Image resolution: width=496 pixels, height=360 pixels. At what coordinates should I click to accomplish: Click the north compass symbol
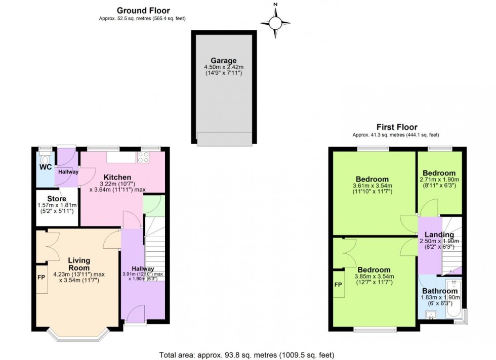(275, 22)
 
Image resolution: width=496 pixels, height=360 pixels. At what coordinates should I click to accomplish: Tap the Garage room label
(223, 61)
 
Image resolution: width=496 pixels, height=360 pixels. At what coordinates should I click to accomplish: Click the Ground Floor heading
(143, 10)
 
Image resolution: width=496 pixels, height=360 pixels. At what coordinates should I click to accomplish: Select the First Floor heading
(395, 127)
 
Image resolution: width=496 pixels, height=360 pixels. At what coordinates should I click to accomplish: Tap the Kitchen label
(117, 177)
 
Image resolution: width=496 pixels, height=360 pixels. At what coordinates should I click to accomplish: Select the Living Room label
(78, 264)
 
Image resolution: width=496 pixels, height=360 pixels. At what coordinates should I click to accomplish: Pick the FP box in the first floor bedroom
(339, 284)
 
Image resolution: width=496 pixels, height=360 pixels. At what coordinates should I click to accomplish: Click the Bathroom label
(440, 291)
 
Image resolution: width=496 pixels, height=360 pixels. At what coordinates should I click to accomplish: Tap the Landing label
(438, 235)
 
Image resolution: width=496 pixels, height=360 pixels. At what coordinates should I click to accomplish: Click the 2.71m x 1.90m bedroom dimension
(439, 179)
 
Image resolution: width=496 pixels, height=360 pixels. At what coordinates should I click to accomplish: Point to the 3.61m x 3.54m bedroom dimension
(372, 186)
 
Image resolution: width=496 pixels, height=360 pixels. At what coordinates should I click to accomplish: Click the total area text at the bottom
(246, 355)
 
